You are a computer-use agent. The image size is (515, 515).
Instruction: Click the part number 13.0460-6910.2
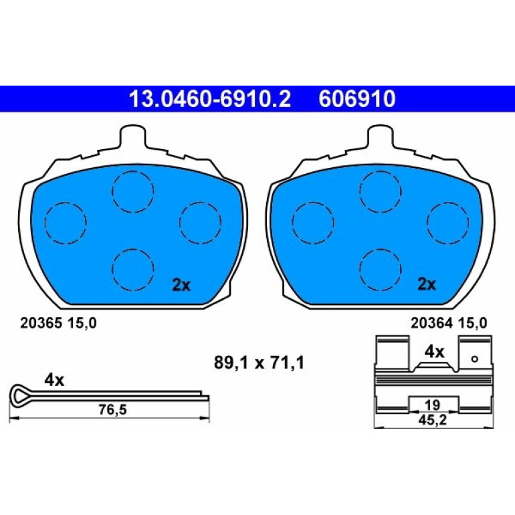point(210,99)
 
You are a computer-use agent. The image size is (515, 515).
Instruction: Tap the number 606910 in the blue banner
point(357,99)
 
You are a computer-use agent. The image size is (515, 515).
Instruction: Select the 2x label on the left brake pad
point(181,285)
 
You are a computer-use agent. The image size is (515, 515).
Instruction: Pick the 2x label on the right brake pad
point(427,284)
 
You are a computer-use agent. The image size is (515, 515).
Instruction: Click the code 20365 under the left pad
point(41,324)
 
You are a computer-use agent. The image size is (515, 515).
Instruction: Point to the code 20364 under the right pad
point(431,324)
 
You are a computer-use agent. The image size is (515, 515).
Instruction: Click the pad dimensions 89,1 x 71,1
point(259,363)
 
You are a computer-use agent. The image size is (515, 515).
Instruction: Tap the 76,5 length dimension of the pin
point(112,410)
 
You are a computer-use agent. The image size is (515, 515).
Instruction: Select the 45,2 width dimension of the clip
point(432,421)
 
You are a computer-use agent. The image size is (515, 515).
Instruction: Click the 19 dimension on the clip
point(432,405)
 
